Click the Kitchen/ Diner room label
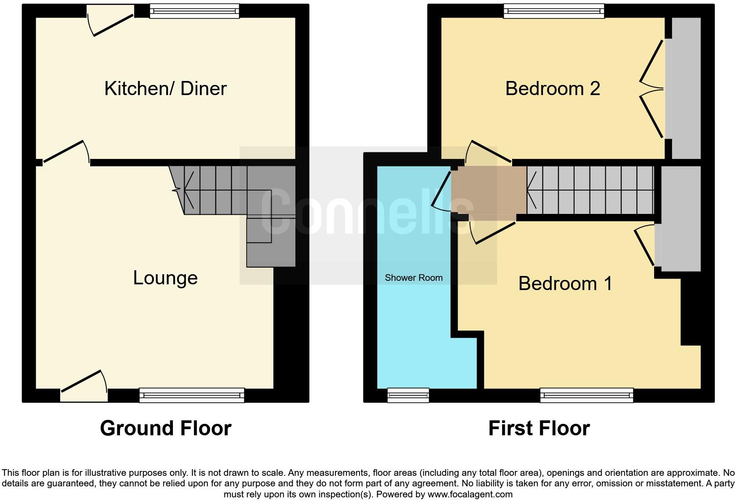click(165, 88)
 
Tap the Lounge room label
click(165, 278)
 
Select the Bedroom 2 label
click(553, 88)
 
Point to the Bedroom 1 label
click(565, 283)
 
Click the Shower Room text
click(413, 278)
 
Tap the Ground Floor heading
click(165, 428)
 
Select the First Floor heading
click(539, 428)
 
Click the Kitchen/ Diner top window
click(194, 11)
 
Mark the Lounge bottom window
click(192, 395)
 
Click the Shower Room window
click(408, 395)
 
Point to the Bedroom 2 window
click(553, 11)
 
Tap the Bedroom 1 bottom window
click(586, 395)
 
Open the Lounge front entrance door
click(84, 386)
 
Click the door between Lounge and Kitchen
click(66, 153)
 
